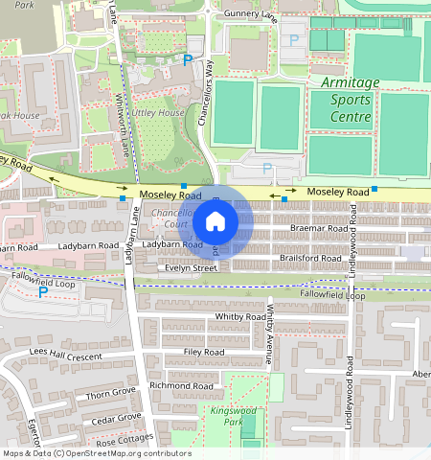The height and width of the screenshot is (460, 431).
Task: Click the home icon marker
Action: (x=215, y=222)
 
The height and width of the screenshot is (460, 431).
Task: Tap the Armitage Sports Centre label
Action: (x=350, y=100)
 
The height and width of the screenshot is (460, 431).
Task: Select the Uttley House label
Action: (x=158, y=113)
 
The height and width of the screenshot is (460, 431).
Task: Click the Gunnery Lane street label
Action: (x=250, y=15)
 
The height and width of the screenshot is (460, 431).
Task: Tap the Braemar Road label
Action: (x=321, y=230)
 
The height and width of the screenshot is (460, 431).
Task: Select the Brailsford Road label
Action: (x=310, y=259)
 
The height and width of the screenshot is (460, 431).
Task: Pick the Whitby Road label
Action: (x=240, y=316)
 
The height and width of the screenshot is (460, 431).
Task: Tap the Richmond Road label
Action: (x=182, y=385)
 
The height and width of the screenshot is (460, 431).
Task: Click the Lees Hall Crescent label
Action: (x=65, y=355)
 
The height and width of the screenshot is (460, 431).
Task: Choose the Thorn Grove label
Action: (x=112, y=393)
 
